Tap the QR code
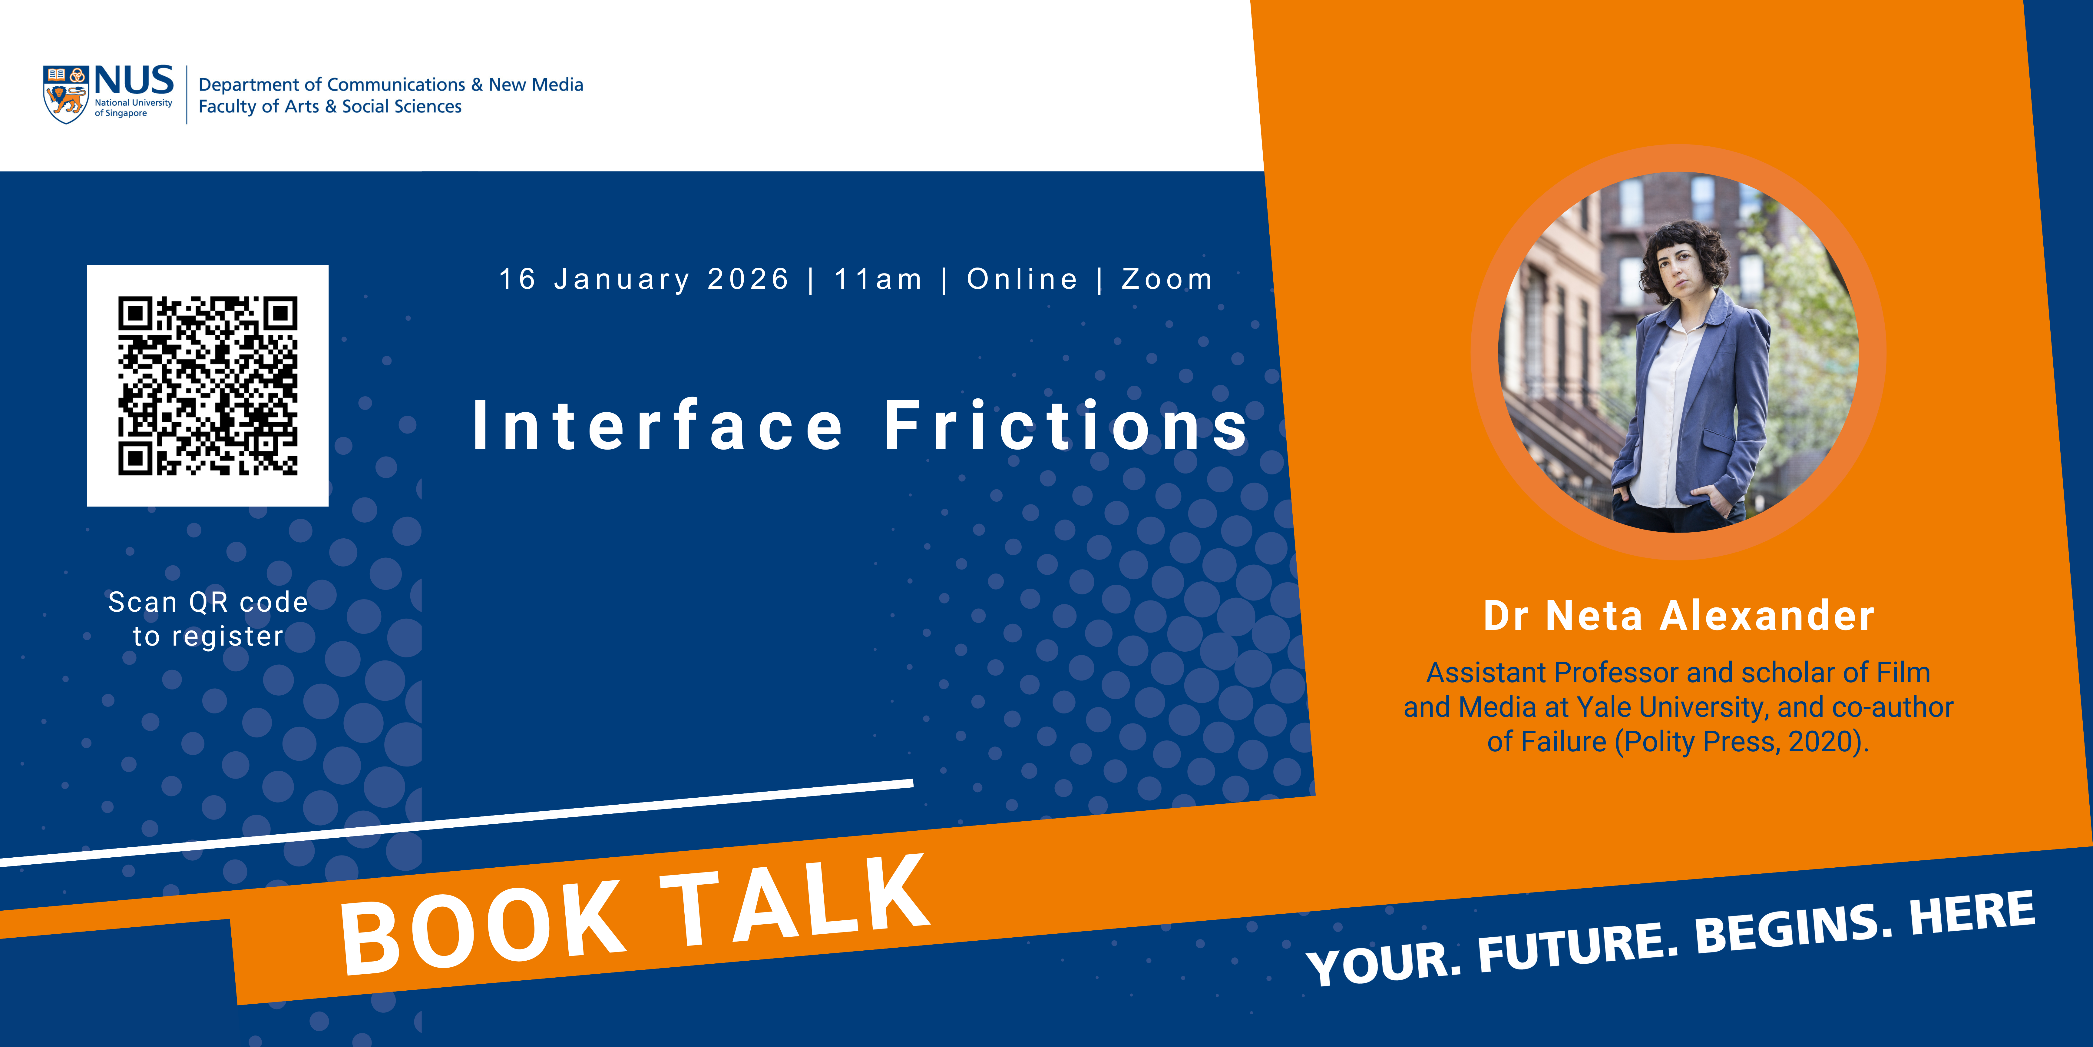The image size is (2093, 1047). (208, 385)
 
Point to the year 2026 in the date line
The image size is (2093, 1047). (748, 279)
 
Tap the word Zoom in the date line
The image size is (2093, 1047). (1167, 279)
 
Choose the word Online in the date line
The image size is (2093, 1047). (1022, 279)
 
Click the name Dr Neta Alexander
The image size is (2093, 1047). (1679, 615)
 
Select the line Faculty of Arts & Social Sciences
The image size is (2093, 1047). (330, 107)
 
